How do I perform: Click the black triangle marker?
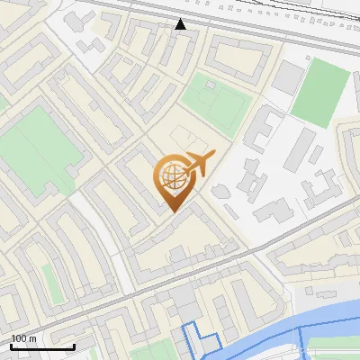(x=181, y=24)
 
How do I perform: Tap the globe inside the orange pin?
(x=171, y=177)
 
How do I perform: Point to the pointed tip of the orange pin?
(x=173, y=211)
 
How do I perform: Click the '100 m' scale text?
(x=23, y=337)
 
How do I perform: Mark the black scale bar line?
(x=42, y=346)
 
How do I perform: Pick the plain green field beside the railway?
(x=319, y=91)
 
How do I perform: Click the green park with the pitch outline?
(x=215, y=101)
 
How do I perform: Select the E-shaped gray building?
(x=263, y=130)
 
